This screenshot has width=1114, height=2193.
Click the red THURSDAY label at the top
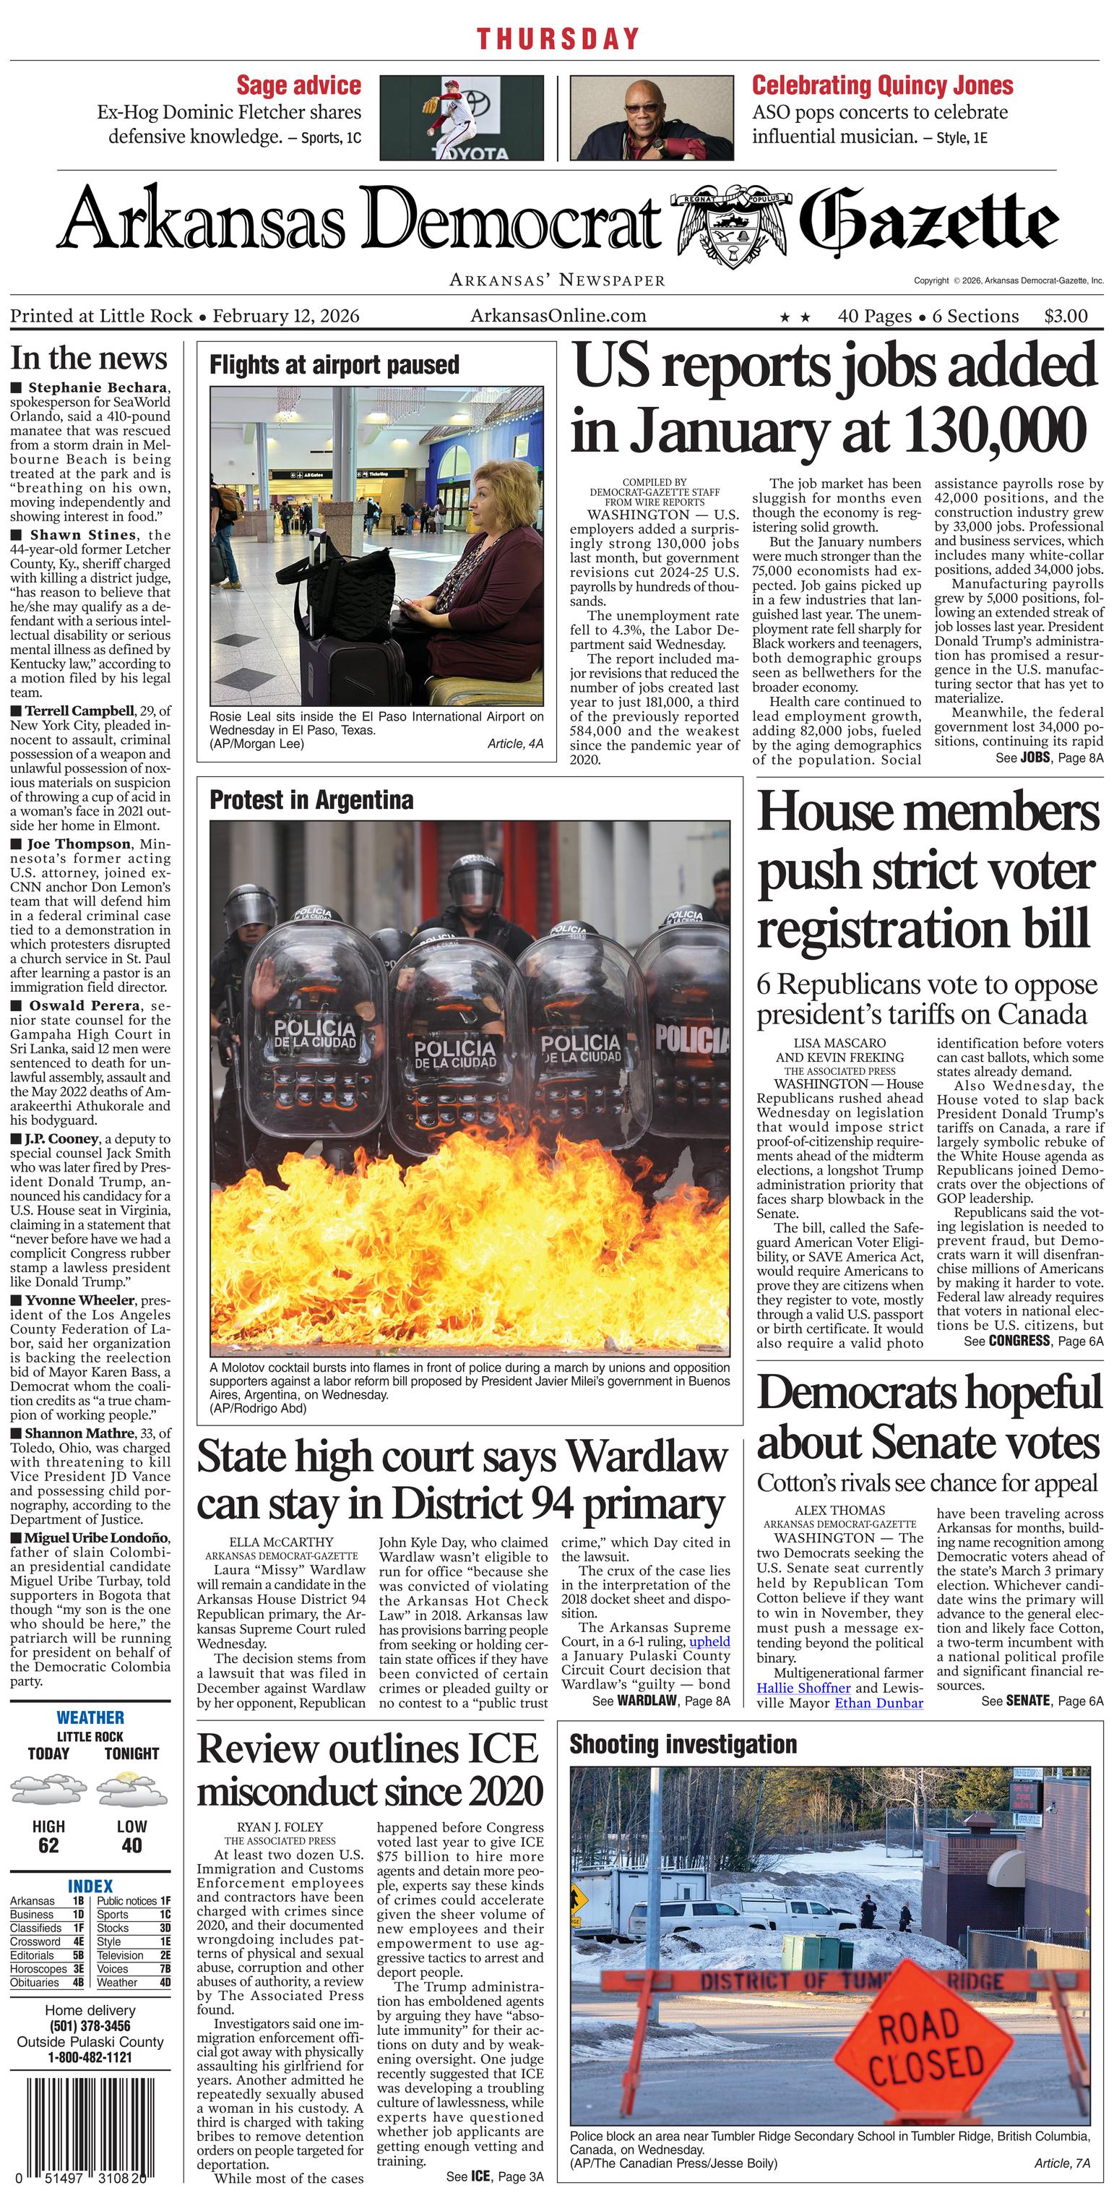coord(558,38)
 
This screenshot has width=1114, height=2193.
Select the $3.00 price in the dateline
coord(1066,317)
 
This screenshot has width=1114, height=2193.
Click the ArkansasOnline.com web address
coord(558,317)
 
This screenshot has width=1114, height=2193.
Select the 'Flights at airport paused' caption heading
coord(334,365)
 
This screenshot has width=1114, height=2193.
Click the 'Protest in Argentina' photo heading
coord(311,800)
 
